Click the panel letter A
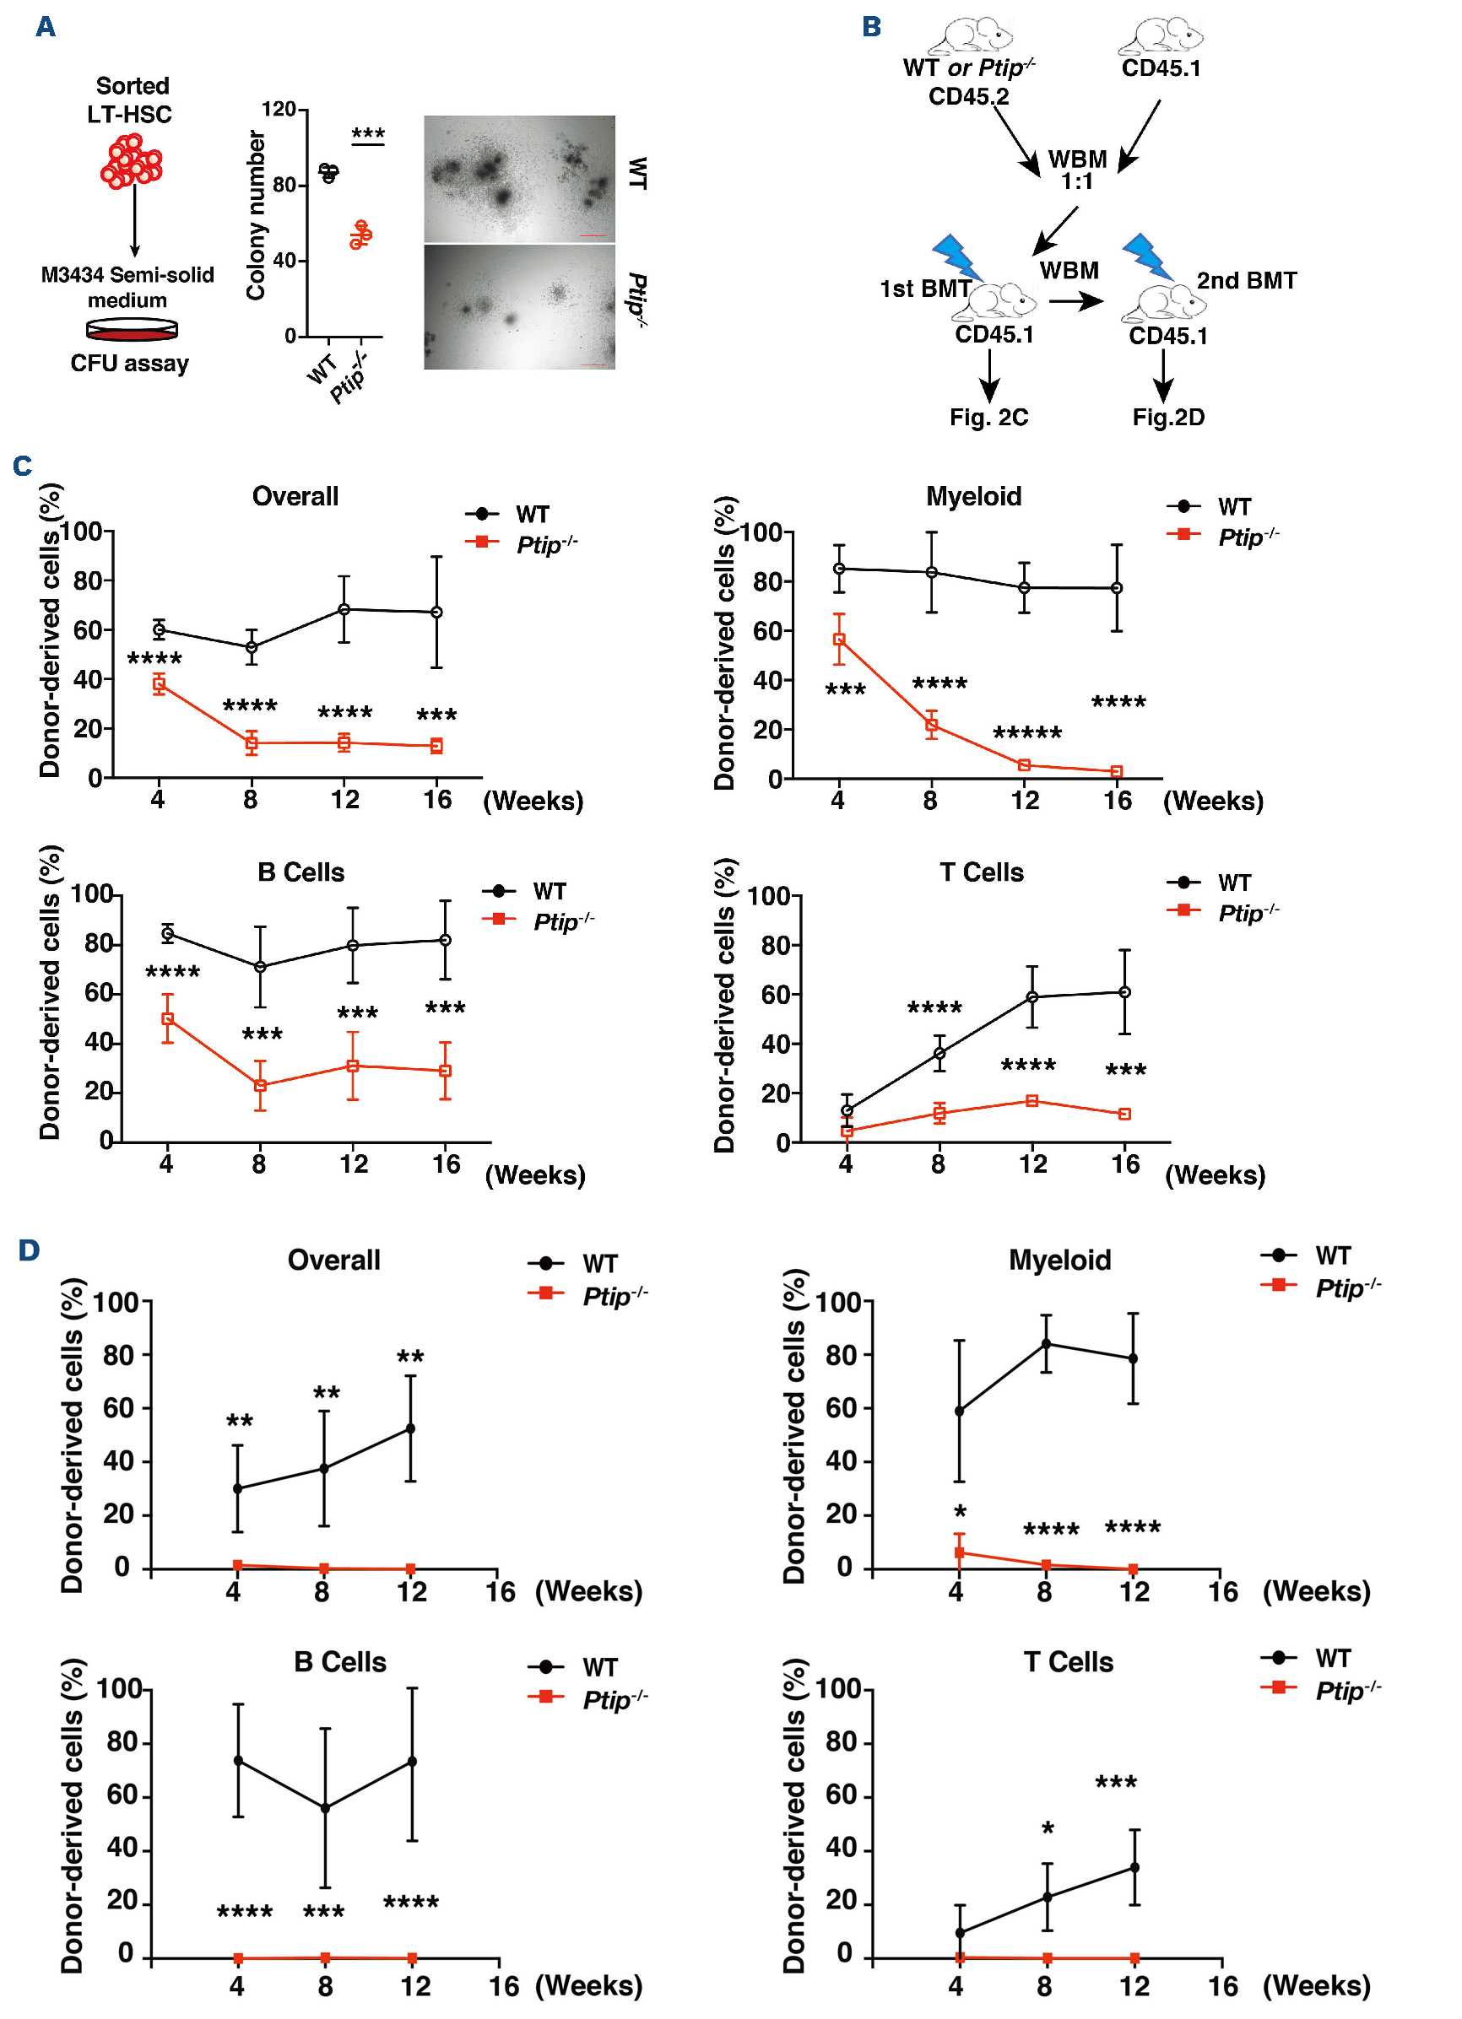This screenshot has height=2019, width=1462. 46,27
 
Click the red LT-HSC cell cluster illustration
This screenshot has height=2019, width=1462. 132,161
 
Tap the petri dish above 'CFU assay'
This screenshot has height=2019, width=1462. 132,329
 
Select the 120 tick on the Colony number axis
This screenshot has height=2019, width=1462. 279,110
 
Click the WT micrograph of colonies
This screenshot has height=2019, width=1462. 519,178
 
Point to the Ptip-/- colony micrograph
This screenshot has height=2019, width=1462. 519,306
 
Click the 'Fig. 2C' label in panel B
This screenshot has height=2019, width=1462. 988,418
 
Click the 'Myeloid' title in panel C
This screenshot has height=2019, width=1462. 973,496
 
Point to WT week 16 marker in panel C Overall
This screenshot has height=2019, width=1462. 436,613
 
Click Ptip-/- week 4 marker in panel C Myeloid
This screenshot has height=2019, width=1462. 839,640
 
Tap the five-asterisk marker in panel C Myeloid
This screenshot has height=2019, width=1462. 1027,733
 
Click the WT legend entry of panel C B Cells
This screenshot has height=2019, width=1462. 525,891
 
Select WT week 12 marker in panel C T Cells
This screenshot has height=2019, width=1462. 1032,997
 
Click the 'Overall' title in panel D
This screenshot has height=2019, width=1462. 334,1260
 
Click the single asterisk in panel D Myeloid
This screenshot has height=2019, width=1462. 960,1512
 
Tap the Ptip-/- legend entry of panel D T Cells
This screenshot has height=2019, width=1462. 1321,1690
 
